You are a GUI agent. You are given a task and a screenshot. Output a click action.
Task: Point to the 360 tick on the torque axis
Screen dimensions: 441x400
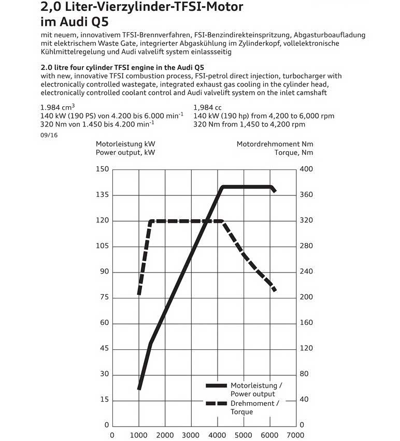[x=307, y=195]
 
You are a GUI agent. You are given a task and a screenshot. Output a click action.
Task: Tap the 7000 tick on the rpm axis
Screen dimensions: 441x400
[x=296, y=435]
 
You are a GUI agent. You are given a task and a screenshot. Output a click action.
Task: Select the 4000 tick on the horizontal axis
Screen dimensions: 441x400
[x=217, y=435]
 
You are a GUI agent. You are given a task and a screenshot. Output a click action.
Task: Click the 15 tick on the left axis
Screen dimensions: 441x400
[x=104, y=400]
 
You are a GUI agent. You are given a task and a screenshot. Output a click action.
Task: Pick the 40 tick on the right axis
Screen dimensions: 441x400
[x=305, y=400]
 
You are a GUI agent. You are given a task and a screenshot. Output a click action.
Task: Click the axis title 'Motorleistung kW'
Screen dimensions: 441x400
[x=125, y=144]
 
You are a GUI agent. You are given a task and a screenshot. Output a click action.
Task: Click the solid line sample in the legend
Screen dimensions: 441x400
[x=216, y=386]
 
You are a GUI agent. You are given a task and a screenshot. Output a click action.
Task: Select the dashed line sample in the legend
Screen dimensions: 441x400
[x=216, y=403]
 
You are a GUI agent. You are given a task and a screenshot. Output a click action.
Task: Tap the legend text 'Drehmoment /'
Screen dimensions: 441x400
[x=255, y=403]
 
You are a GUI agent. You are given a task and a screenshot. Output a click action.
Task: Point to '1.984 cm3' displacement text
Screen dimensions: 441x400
[x=58, y=108]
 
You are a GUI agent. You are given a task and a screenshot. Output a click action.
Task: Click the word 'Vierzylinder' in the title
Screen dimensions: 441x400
[x=120, y=7]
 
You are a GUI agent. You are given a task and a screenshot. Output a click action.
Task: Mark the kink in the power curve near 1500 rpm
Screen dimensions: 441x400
[x=150, y=343]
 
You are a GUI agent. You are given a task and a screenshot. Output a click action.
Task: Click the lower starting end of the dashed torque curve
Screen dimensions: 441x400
[x=139, y=294]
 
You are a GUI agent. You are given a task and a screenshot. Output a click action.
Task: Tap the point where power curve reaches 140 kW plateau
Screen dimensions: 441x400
[x=222, y=187]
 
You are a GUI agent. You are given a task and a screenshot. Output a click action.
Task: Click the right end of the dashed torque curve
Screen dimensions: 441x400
[x=275, y=290]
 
